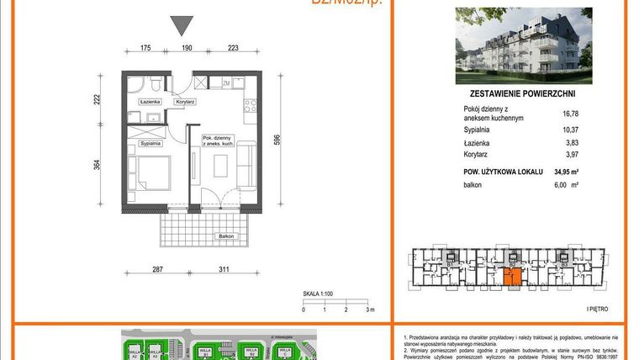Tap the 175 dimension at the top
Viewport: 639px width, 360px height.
point(145,50)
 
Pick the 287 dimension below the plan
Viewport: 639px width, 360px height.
point(157,272)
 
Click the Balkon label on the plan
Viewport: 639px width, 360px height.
point(226,237)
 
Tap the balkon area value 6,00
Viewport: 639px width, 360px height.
point(561,184)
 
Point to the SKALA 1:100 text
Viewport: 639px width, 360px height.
point(319,294)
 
